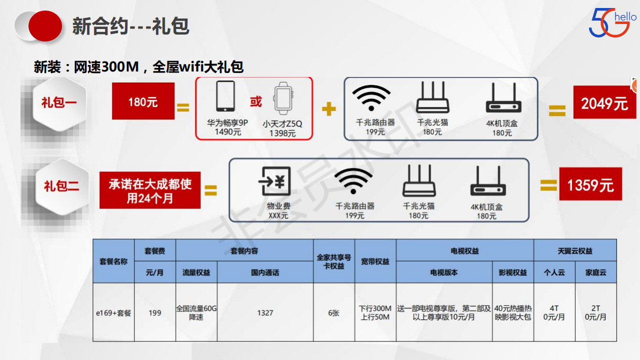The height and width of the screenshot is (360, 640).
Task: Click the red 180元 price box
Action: click(x=143, y=101)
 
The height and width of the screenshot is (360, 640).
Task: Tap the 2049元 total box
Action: click(x=604, y=103)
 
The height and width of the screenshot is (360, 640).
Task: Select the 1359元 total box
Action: click(x=590, y=184)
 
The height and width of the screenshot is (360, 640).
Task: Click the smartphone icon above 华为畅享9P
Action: click(x=225, y=96)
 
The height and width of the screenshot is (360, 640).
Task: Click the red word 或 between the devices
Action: click(x=256, y=102)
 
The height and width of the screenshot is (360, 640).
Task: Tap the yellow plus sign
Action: click(x=328, y=108)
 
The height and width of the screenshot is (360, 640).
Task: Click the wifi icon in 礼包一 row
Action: click(x=371, y=97)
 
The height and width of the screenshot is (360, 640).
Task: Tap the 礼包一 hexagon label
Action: click(x=59, y=103)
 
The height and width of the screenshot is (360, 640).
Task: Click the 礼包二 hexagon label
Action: click(x=61, y=186)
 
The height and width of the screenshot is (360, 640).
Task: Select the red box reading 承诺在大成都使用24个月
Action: click(x=150, y=190)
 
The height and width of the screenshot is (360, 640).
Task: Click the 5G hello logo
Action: click(x=612, y=23)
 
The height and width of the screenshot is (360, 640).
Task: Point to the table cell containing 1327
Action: click(x=265, y=312)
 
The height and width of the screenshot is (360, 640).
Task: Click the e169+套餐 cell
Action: click(x=113, y=312)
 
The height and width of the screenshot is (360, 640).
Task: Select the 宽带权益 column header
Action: click(x=375, y=261)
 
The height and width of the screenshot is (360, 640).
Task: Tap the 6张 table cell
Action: click(x=333, y=312)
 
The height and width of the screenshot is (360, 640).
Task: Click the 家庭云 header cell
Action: click(x=595, y=272)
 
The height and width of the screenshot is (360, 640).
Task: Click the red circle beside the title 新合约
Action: click(x=45, y=26)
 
